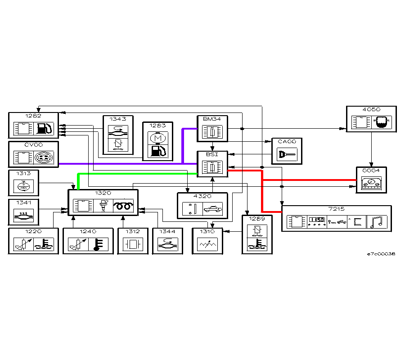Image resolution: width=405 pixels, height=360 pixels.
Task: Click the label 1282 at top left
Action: [33, 116]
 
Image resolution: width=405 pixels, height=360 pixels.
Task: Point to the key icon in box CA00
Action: [286, 155]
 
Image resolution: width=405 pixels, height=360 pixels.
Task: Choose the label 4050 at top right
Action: [371, 109]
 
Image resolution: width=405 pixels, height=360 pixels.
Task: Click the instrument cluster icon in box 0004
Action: [371, 183]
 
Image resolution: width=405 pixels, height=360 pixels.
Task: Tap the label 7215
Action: [336, 209]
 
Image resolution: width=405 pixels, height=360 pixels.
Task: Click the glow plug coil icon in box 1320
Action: [124, 206]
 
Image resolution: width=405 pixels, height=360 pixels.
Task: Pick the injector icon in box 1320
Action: [104, 206]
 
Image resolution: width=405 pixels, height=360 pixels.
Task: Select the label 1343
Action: [118, 119]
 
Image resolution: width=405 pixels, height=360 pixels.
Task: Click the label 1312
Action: [133, 231]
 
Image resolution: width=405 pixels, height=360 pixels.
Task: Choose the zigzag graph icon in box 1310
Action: [207, 244]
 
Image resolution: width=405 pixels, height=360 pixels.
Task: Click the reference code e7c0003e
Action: [381, 254]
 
